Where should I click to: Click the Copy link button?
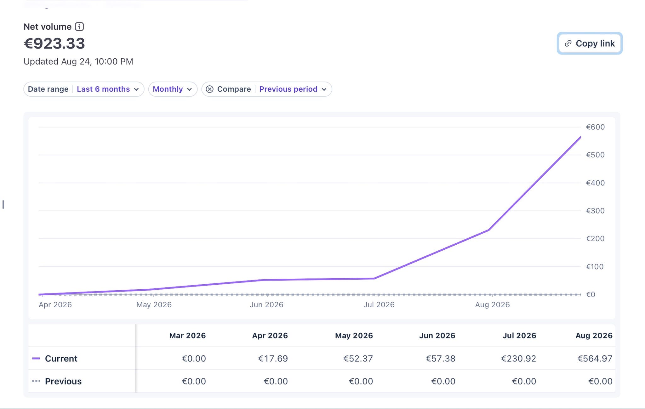[x=590, y=43]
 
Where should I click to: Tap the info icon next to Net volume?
[x=79, y=27]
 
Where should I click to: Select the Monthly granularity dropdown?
[x=173, y=89]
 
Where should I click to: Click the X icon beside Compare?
[x=209, y=89]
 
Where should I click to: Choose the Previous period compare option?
[x=293, y=89]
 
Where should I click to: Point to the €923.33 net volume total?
[x=54, y=43]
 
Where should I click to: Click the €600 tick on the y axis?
[x=595, y=127]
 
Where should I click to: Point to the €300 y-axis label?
[x=595, y=211]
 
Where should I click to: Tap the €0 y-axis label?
[x=591, y=294]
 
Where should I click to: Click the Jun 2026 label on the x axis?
[x=266, y=304]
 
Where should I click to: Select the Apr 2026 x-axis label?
[x=55, y=304]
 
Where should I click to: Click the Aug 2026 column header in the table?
[x=594, y=336]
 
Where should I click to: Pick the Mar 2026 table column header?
[x=187, y=336]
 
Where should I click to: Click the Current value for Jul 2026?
[x=518, y=359]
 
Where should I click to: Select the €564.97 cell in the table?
[x=595, y=359]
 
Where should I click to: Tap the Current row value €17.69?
[x=273, y=359]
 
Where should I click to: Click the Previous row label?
[x=63, y=381]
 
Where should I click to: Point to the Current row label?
[x=61, y=359]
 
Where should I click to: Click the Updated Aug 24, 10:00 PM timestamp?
[x=78, y=61]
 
